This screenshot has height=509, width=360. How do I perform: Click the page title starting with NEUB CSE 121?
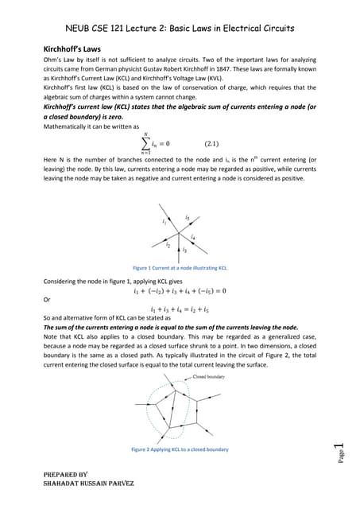click(x=179, y=28)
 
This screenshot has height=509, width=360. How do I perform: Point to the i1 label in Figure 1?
click(x=165, y=221)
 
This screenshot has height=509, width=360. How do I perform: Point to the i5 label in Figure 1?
click(x=187, y=216)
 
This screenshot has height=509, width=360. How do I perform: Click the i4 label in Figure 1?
click(x=193, y=237)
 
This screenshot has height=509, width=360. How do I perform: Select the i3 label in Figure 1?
click(x=184, y=250)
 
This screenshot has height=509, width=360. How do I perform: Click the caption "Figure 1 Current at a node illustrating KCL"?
click(x=180, y=268)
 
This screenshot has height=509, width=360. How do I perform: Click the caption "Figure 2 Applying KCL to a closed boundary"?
click(x=180, y=449)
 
